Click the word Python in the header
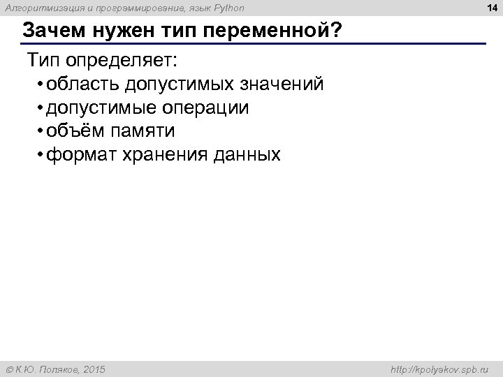coord(228,8)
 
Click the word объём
coord(75,131)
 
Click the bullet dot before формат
coord(42,155)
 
